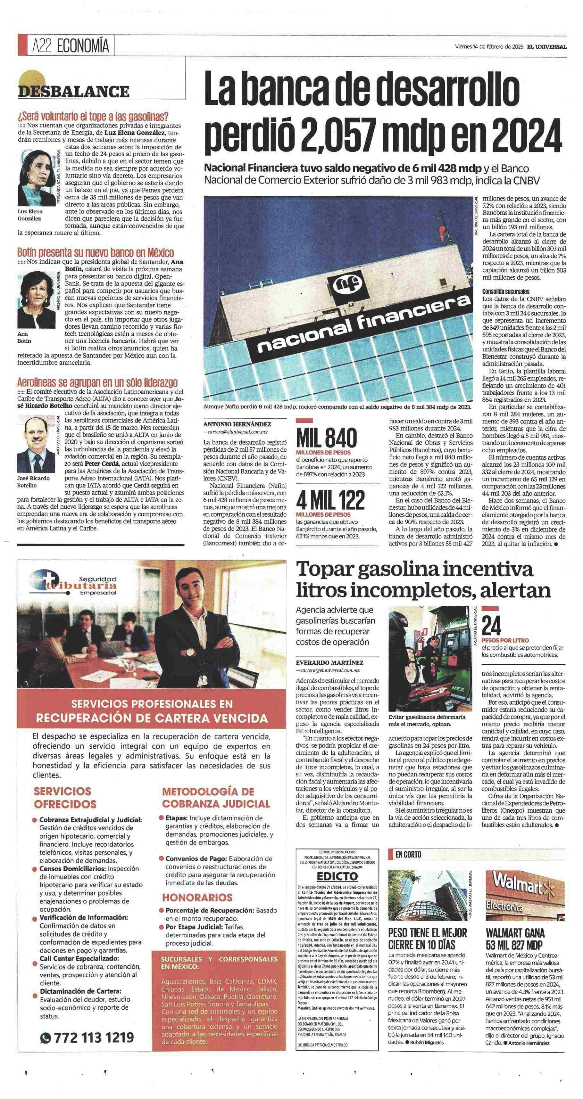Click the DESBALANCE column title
pyautogui.click(x=73, y=91)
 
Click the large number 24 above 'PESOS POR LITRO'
pyautogui.click(x=492, y=626)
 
